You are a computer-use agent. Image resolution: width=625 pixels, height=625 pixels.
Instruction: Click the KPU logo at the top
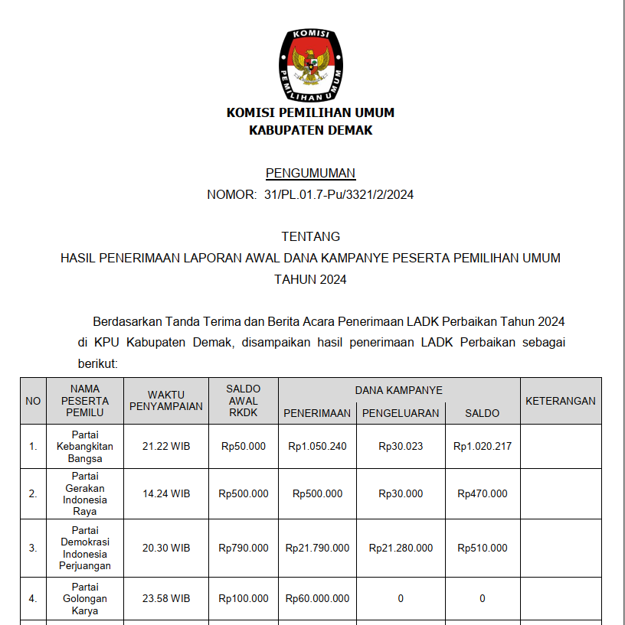click(311, 65)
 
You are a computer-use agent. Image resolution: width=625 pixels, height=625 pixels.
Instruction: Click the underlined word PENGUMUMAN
click(310, 173)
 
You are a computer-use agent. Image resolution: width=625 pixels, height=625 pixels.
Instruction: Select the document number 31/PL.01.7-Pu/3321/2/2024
click(339, 194)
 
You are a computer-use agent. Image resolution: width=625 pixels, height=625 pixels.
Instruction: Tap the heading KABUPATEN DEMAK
click(310, 130)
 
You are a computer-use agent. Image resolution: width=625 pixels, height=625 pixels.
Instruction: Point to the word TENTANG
click(310, 236)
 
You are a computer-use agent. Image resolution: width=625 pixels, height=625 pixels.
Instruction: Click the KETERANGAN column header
click(561, 401)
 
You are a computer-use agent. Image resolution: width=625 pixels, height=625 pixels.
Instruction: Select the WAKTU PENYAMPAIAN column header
click(166, 401)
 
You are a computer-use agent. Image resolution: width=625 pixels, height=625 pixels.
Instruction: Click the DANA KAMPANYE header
click(398, 390)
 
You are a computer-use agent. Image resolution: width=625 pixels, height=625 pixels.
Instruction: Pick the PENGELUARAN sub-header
click(401, 413)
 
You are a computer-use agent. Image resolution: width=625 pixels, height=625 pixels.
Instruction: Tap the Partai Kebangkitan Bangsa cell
click(84, 447)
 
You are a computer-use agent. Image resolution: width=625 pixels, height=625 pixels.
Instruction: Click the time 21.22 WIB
click(166, 446)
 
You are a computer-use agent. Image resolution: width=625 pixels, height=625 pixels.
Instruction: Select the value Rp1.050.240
click(317, 446)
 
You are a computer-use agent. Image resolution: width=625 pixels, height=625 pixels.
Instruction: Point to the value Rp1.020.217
click(482, 446)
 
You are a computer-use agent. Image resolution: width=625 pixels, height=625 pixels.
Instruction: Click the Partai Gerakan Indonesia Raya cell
click(84, 494)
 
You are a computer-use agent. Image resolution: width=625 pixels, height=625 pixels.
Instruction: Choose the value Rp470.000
click(482, 493)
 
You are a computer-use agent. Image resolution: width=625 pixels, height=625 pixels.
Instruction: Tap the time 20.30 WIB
click(166, 548)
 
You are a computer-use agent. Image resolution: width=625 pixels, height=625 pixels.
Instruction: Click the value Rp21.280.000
click(401, 548)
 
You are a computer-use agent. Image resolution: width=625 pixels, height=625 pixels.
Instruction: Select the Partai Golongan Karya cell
click(84, 599)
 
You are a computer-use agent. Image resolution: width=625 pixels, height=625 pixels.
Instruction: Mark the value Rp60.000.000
click(317, 599)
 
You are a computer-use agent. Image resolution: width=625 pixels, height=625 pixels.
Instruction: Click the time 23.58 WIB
click(166, 599)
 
